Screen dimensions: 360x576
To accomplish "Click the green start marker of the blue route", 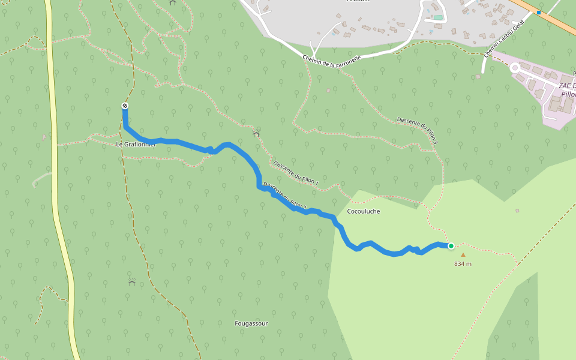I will tap(451, 245).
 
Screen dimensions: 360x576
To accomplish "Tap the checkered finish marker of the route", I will tap(125, 106).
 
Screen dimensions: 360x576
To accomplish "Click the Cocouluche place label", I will tap(364, 211).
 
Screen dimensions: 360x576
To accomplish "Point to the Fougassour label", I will tap(251, 323).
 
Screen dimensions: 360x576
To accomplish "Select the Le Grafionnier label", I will tap(136, 145).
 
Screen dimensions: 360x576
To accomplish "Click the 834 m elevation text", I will tap(463, 263).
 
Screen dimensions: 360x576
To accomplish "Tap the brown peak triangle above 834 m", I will tap(463, 254).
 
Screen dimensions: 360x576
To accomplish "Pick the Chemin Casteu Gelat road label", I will tap(504, 38).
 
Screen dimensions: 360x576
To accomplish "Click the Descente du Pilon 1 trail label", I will tap(295, 172).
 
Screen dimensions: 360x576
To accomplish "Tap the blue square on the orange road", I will tap(539, 12).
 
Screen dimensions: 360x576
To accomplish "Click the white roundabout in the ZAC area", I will tap(515, 68).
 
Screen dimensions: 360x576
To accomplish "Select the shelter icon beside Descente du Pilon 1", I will tap(256, 134).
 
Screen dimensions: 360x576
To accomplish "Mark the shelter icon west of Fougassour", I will tap(132, 282).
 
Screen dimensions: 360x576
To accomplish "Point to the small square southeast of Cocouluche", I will tap(517, 211).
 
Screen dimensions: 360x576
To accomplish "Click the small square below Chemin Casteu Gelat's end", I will tap(478, 77).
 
